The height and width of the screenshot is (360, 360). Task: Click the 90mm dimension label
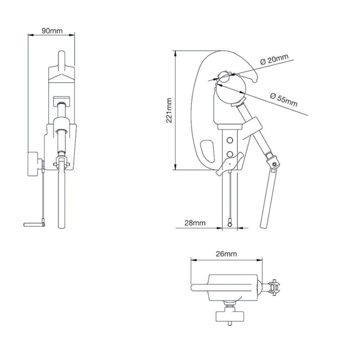pyautogui.click(x=52, y=31)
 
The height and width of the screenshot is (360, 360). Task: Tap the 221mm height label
pyautogui.click(x=169, y=111)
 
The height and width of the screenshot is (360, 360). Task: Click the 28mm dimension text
pyautogui.click(x=195, y=222)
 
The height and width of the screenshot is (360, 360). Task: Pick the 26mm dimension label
pyautogui.click(x=226, y=254)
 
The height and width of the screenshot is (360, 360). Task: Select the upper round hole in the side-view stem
pyautogui.click(x=230, y=139)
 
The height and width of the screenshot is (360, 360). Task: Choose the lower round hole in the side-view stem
pyautogui.click(x=230, y=154)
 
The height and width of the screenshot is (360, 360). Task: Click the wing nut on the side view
pyautogui.click(x=229, y=164)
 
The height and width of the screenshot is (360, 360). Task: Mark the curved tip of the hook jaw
pyautogui.click(x=254, y=78)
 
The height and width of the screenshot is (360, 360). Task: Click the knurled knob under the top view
pyautogui.click(x=230, y=316)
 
